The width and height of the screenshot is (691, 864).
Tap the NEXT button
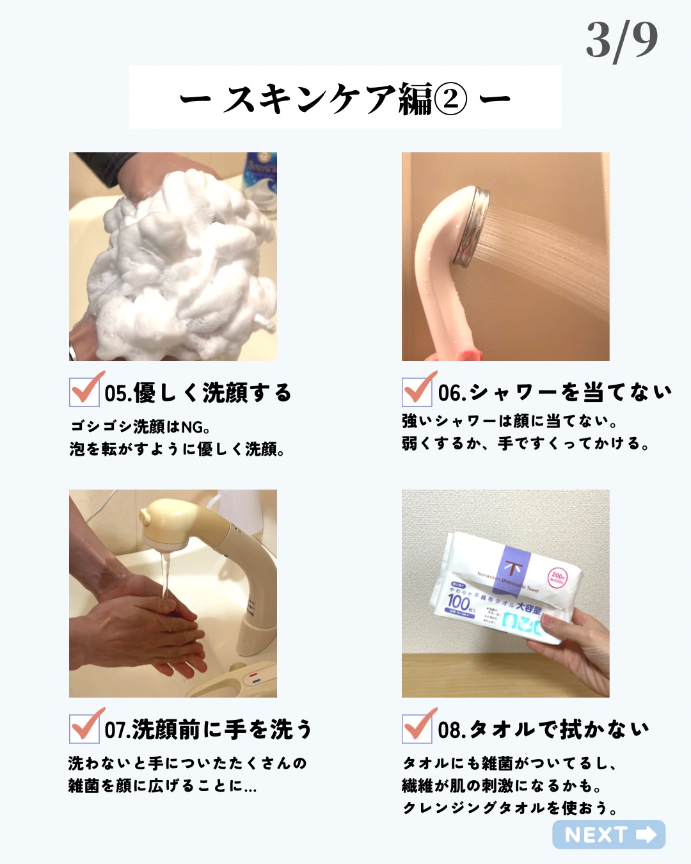coord(608,835)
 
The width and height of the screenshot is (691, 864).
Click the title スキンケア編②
coord(345,98)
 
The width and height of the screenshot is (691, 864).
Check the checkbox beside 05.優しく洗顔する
coord(84,391)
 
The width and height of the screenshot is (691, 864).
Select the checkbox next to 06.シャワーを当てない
coord(417,391)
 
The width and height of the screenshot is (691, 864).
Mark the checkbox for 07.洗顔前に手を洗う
coord(84,728)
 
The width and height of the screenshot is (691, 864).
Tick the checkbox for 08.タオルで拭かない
coord(417,728)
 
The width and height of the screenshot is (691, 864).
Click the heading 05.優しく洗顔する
coord(198,392)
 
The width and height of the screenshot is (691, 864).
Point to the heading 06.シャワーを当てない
coord(555,392)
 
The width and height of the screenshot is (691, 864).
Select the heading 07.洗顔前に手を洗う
coord(209,729)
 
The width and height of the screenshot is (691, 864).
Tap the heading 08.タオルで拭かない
coord(544,729)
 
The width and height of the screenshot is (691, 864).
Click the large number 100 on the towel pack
coord(458,602)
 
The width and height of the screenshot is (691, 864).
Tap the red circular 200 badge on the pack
coord(557,578)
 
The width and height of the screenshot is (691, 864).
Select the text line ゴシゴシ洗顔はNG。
coord(141,426)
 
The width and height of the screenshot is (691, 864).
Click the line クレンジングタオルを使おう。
coord(510,808)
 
